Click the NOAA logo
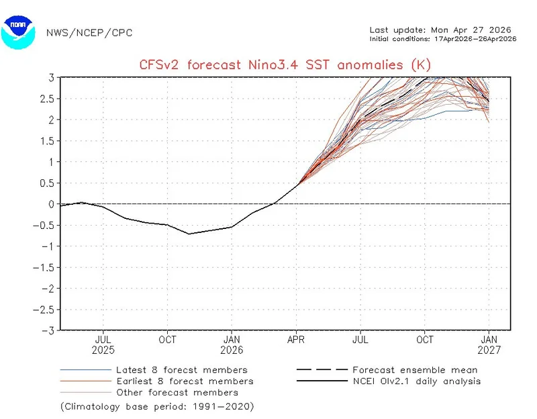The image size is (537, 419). click(x=18, y=31)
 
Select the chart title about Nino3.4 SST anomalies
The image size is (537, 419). click(x=285, y=64)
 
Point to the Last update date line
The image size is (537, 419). click(x=440, y=30)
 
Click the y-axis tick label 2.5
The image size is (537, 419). click(x=48, y=99)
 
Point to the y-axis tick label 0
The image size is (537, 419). click(x=51, y=204)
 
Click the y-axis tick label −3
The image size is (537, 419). click(x=48, y=330)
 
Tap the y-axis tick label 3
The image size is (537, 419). click(x=51, y=78)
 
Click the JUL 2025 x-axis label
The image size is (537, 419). click(x=103, y=345)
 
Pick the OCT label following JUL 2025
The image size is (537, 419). click(x=167, y=340)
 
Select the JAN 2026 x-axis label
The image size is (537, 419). click(x=232, y=345)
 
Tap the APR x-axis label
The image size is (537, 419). click(x=296, y=340)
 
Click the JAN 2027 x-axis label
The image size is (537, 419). click(x=489, y=345)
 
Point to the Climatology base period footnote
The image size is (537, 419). click(x=157, y=406)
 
